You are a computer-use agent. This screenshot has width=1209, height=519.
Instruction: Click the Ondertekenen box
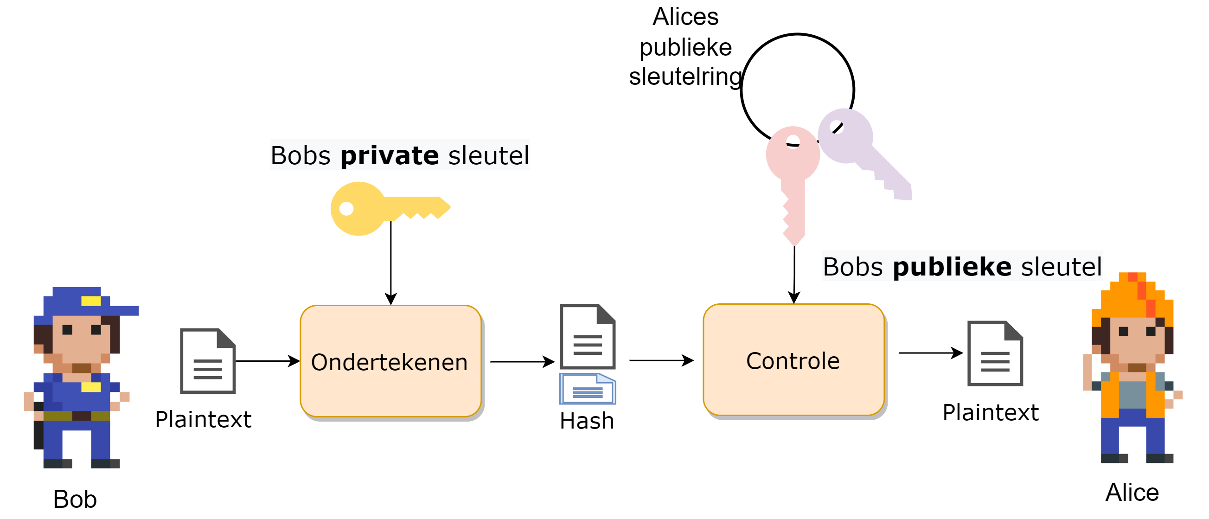point(390,361)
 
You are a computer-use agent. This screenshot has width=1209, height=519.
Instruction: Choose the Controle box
point(793,360)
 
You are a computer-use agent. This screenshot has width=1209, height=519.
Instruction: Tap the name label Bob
point(75,499)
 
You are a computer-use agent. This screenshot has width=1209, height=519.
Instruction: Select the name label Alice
point(1132,492)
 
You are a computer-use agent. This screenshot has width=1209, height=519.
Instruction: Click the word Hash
point(587,421)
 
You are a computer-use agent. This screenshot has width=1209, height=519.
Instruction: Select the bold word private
point(390,155)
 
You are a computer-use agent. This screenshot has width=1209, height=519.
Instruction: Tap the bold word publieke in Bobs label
point(952,267)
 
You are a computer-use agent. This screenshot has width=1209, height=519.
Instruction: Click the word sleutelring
point(685,77)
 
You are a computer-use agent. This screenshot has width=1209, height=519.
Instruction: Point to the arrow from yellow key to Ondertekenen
point(391,263)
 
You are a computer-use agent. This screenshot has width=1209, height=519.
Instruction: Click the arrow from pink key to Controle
point(794,275)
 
